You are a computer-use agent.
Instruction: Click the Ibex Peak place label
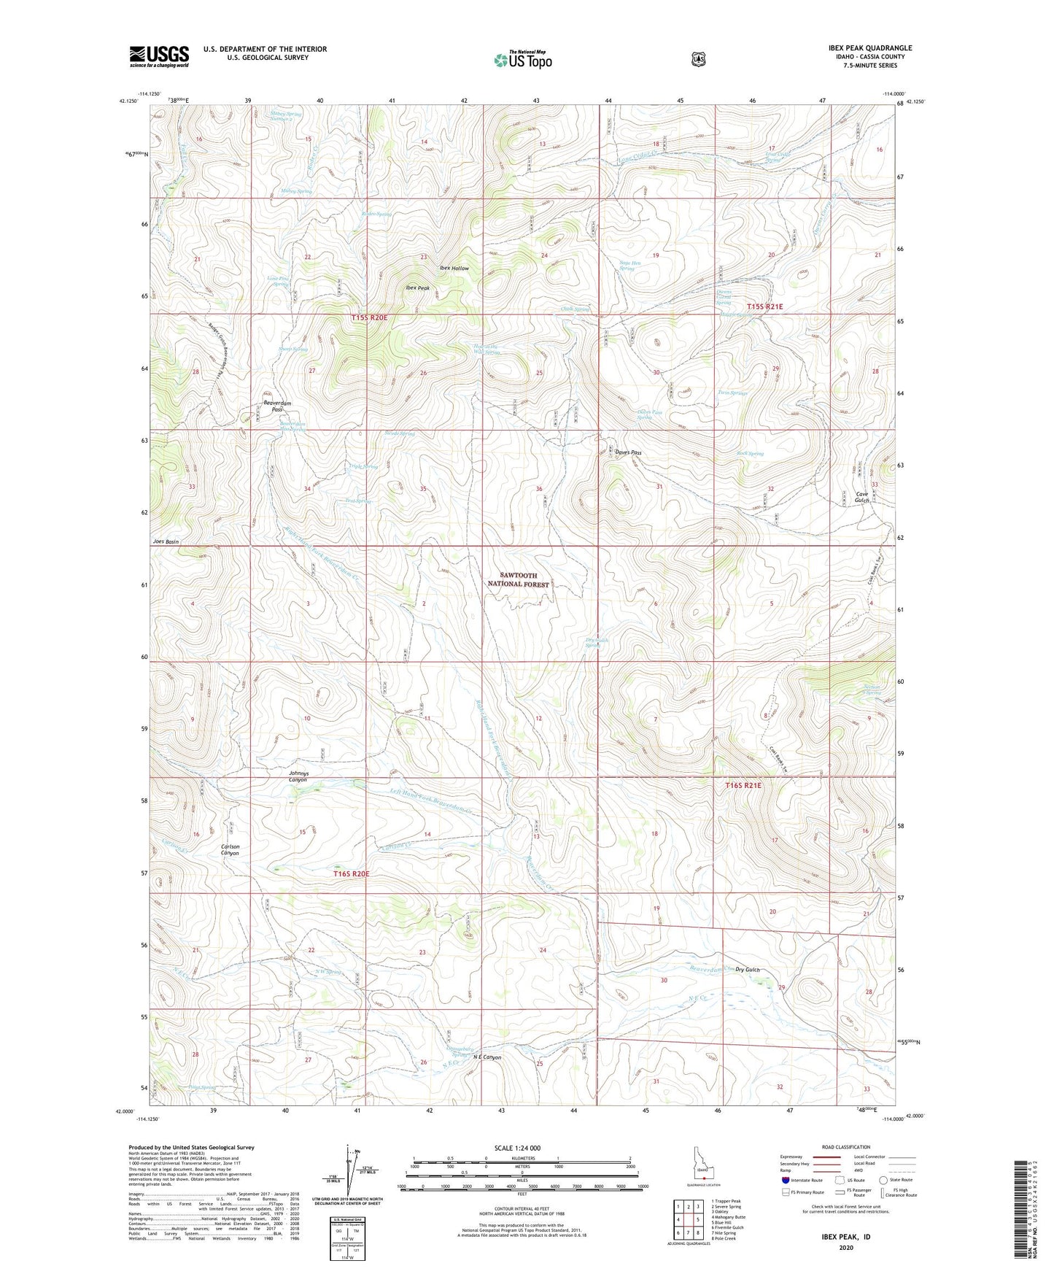tap(418, 287)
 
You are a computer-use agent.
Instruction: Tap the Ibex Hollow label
tap(454, 268)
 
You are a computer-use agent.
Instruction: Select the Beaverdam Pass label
tap(272, 406)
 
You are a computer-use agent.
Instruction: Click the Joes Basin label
tap(166, 542)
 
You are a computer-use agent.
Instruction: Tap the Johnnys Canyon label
tap(298, 776)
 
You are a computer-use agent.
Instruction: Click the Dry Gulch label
tap(747, 970)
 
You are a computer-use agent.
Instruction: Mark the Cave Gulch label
tap(866, 498)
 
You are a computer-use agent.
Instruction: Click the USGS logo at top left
tap(159, 56)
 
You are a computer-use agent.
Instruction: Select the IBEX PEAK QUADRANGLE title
tap(864, 48)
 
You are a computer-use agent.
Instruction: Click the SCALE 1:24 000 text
tap(517, 1148)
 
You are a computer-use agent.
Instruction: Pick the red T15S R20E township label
tap(368, 318)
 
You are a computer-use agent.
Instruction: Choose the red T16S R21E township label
tap(743, 785)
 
